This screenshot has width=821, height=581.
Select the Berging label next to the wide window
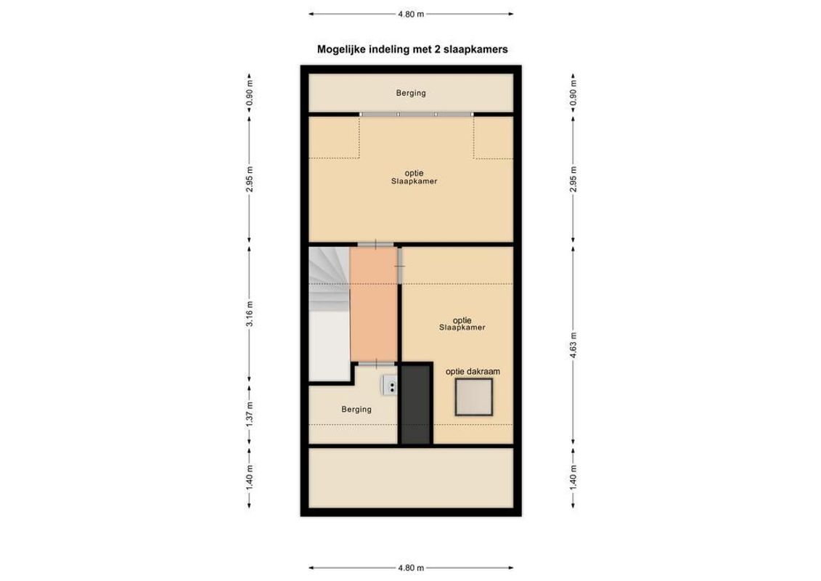point(411,93)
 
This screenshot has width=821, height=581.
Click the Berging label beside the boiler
point(356,410)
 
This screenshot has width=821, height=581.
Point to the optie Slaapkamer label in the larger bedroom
point(411,177)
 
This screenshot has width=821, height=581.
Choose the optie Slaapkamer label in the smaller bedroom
point(462,323)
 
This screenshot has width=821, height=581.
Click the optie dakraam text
point(473,371)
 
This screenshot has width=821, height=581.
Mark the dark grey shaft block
point(417,404)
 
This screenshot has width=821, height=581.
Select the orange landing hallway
point(374,304)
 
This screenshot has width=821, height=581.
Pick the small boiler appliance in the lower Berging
point(390,384)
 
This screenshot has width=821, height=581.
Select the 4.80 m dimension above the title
point(411,13)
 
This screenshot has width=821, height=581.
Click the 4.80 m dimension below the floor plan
point(411,568)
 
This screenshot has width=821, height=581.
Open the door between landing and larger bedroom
point(375,244)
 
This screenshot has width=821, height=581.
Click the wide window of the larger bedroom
point(417,114)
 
